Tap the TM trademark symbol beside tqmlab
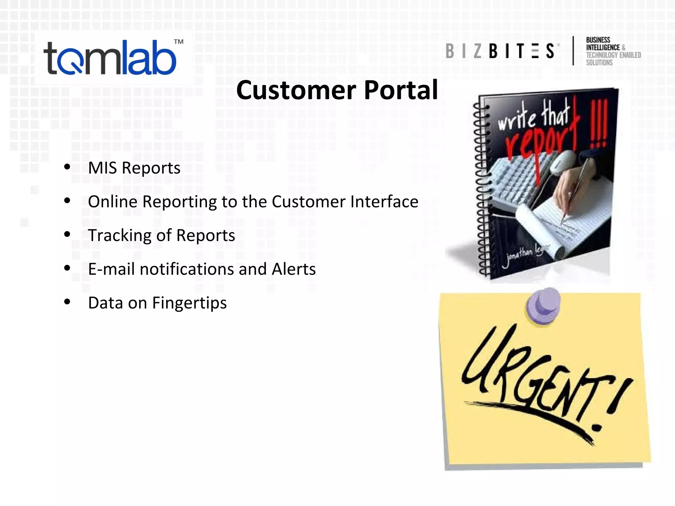coord(179,42)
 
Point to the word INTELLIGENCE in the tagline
coord(603,47)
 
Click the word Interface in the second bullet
coord(384,202)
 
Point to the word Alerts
coord(294,269)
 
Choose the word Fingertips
coord(189,303)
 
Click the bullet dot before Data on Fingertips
coord(67,301)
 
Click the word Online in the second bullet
coord(112,202)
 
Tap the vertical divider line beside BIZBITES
coord(573,51)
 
